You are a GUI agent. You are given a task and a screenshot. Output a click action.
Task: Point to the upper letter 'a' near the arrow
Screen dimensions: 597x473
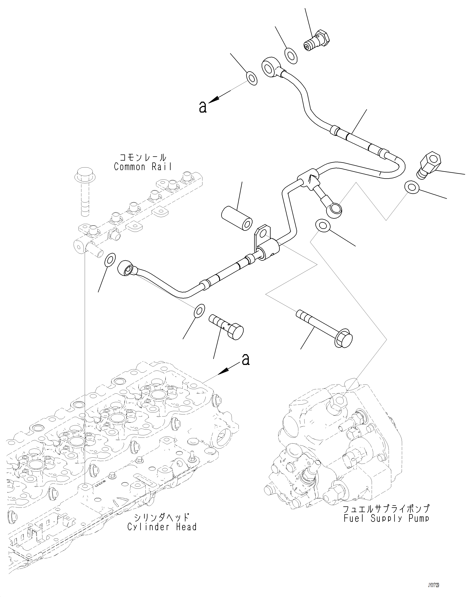click(203, 107)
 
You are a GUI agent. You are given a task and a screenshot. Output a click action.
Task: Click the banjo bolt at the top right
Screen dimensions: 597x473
click(317, 41)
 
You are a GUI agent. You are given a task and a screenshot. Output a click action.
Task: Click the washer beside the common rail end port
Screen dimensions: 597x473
click(110, 259)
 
